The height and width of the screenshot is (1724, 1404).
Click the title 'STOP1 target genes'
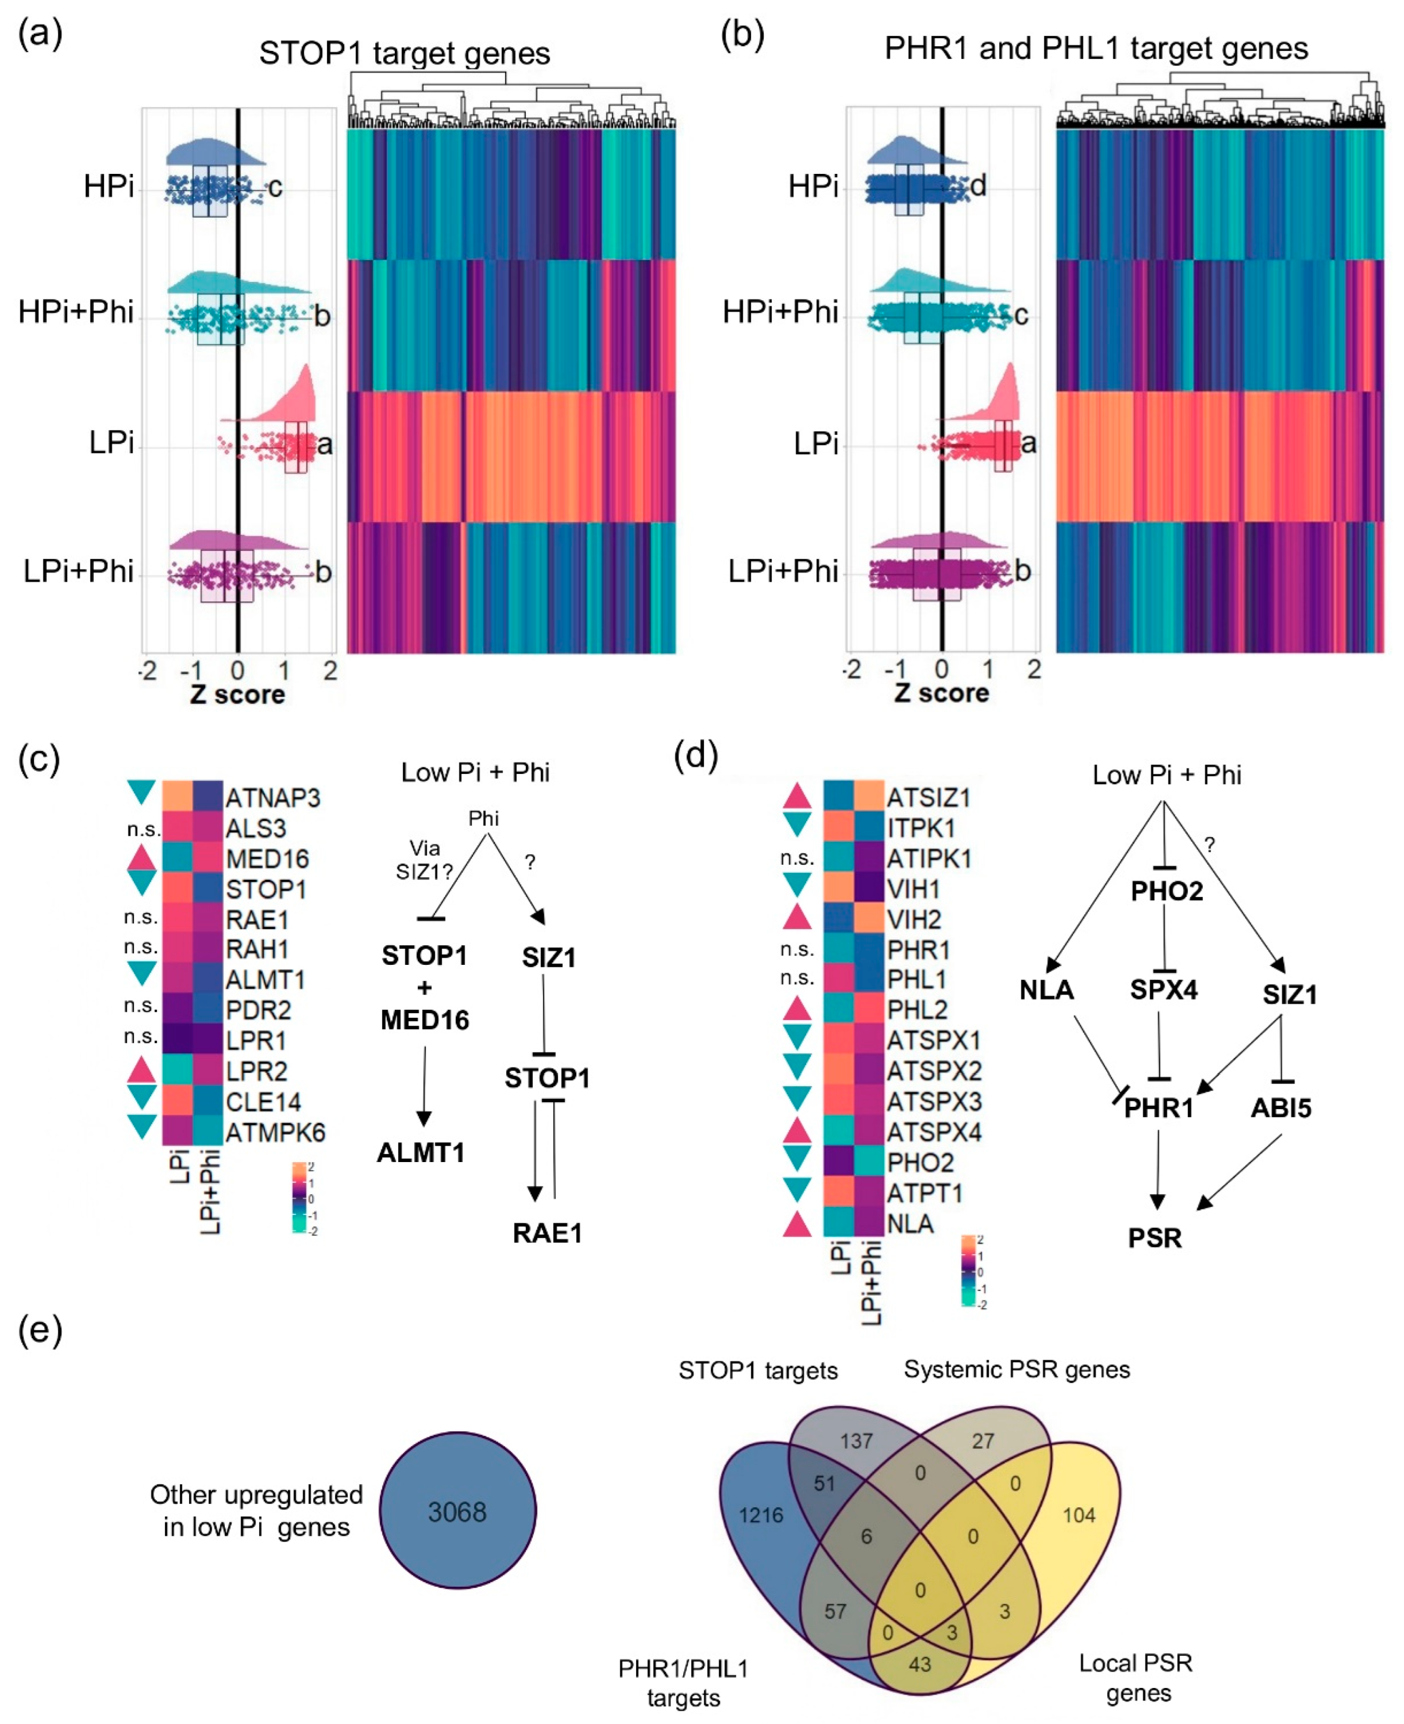[x=404, y=54]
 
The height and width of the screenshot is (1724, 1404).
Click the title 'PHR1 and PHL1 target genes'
[x=1096, y=49]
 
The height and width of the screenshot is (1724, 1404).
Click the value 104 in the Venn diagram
[x=1079, y=1515]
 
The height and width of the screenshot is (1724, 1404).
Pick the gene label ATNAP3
[x=272, y=798]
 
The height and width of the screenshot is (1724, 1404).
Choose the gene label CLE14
[x=263, y=1102]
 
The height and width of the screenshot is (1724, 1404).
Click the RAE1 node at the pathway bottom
[x=547, y=1233]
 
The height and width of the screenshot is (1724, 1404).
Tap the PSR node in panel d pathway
[x=1155, y=1238]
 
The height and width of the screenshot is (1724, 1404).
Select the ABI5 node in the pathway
[x=1281, y=1107]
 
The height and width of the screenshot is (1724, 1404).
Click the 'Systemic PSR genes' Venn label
[x=1017, y=1370]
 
